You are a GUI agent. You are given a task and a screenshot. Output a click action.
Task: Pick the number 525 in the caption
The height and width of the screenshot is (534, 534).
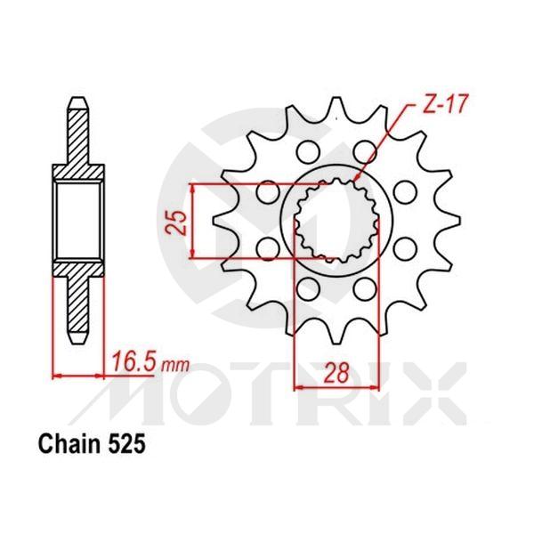[x=124, y=441]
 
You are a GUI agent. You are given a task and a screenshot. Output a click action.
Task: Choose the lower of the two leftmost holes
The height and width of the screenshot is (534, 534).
[x=264, y=247]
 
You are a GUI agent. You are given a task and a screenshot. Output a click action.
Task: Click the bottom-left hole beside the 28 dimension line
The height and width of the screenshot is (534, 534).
[x=309, y=287]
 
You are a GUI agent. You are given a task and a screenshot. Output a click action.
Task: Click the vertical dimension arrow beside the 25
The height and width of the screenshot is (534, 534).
[x=194, y=221]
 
